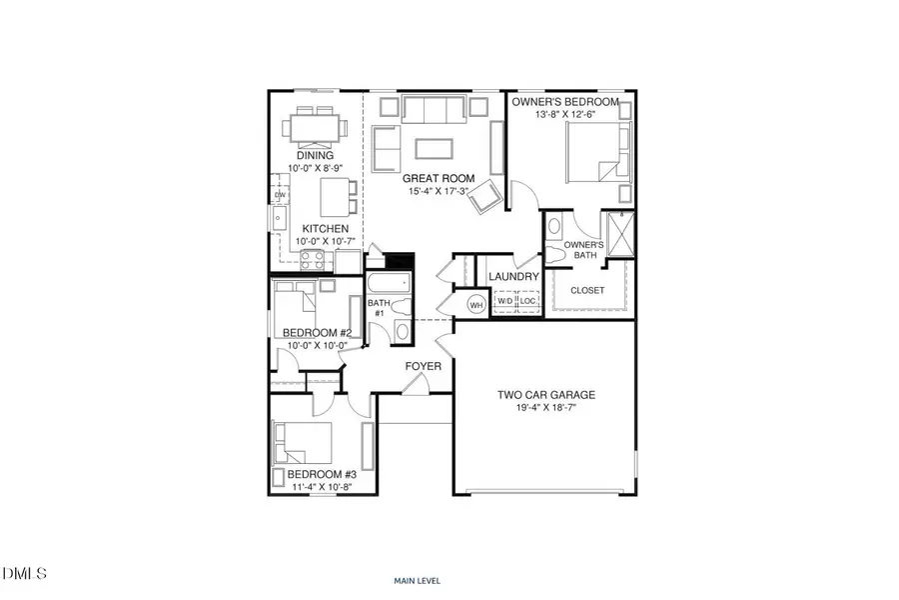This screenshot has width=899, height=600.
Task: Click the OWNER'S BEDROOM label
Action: [x=565, y=102]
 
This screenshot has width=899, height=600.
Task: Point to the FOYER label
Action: [x=423, y=367]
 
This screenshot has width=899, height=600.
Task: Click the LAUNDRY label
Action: [x=514, y=276]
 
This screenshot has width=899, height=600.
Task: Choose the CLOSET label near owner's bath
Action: [x=587, y=290]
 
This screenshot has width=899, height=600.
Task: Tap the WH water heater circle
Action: [x=476, y=304]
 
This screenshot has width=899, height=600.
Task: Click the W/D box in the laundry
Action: [x=505, y=301]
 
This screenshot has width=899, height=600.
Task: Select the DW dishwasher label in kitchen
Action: [x=280, y=195]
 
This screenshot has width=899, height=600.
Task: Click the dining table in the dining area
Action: [x=316, y=128]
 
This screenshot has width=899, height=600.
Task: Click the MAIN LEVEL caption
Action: [x=418, y=580]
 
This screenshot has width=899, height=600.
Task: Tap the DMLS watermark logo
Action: [x=25, y=573]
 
